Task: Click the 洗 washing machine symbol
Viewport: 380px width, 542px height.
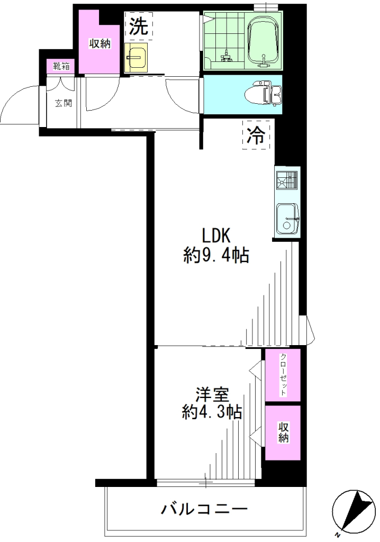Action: pos(139,25)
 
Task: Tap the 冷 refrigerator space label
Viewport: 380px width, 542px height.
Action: pos(256,135)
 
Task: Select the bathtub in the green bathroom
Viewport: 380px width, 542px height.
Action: pos(265,39)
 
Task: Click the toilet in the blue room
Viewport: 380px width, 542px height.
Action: pos(263,93)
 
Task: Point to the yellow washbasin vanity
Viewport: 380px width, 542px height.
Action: pos(136,57)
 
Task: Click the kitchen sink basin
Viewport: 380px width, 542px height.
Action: pos(288,219)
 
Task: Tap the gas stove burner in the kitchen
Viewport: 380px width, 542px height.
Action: pos(287,181)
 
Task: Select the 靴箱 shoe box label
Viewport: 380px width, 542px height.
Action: pos(61,66)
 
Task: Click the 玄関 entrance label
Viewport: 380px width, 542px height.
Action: pos(64,103)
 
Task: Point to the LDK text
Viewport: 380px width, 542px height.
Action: pos(216,236)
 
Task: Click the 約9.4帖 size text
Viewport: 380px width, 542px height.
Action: pos(216,256)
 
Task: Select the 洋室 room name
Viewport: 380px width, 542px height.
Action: pos(212,395)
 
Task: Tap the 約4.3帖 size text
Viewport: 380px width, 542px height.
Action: pos(212,412)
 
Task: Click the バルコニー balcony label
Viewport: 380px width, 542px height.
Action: pos(205,509)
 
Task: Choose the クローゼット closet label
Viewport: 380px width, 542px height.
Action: pos(283,375)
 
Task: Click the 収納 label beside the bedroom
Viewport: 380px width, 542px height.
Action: pos(283,432)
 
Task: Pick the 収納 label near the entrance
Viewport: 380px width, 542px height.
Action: pos(99,44)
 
